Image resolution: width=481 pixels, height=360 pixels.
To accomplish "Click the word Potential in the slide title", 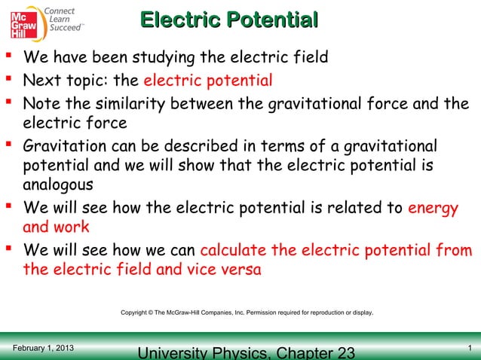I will [x=268, y=20].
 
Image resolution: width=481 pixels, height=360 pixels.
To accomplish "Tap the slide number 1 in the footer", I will [x=470, y=348].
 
